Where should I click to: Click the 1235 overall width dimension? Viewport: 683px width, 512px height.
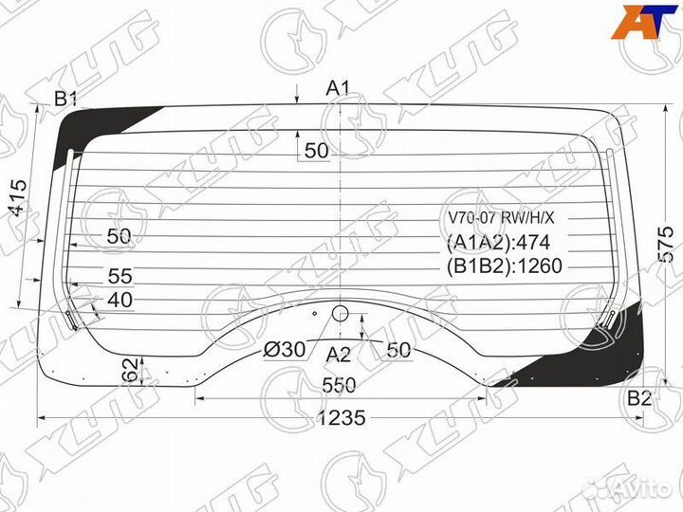tap(341, 418)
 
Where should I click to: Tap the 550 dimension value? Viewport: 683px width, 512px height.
tap(340, 385)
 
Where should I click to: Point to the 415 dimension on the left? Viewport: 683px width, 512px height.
tap(19, 198)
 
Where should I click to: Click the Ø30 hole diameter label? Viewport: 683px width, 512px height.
tap(285, 350)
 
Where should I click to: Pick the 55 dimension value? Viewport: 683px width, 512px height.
tap(120, 276)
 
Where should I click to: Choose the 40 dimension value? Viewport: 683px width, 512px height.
tap(120, 300)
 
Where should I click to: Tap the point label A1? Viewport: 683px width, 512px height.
tap(339, 89)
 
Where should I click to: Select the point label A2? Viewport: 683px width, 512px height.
tap(339, 356)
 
